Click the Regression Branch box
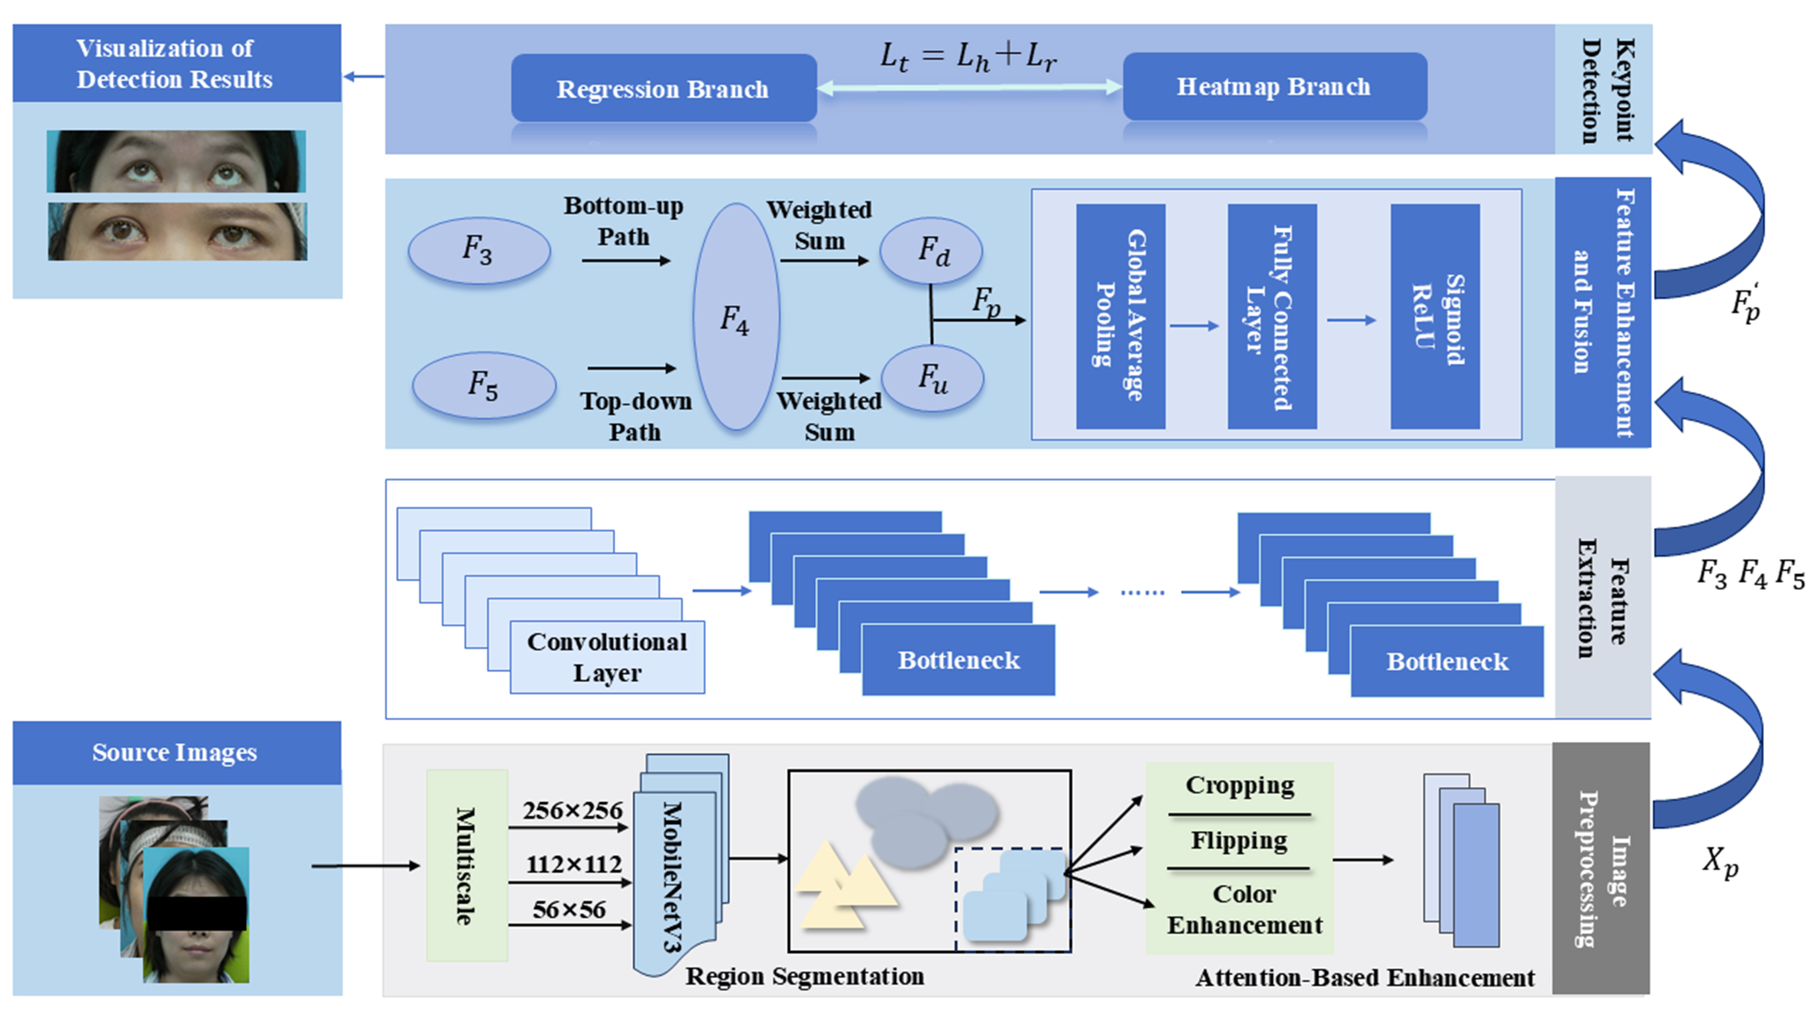663,89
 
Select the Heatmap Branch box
1274,87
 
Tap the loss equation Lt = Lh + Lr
968,56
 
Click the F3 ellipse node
479,250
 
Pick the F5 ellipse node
484,386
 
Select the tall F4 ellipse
736,317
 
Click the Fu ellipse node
932,379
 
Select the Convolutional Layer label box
607,657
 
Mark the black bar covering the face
197,913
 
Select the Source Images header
176,753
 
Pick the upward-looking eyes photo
176,161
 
